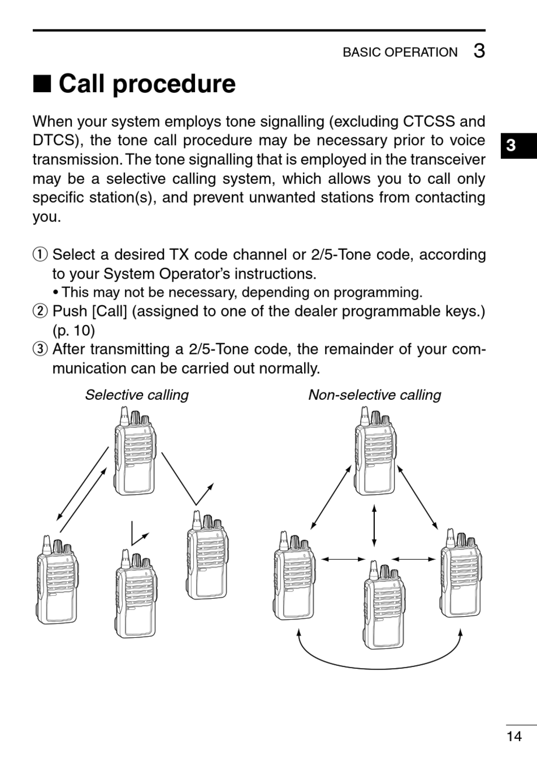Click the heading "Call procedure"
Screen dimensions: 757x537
point(147,84)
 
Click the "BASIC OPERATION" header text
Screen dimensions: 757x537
point(400,52)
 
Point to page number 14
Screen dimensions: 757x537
point(514,736)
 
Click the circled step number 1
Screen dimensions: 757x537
point(41,255)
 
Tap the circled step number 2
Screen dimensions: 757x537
point(41,312)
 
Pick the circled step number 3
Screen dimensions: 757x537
point(41,349)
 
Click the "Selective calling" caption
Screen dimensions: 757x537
point(137,395)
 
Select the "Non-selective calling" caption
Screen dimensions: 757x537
point(374,395)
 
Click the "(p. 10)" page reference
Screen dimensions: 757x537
point(73,330)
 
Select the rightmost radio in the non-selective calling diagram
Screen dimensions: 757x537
point(460,573)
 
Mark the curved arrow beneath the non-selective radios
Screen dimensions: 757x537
point(378,661)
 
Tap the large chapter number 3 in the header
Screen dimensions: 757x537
point(479,51)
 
